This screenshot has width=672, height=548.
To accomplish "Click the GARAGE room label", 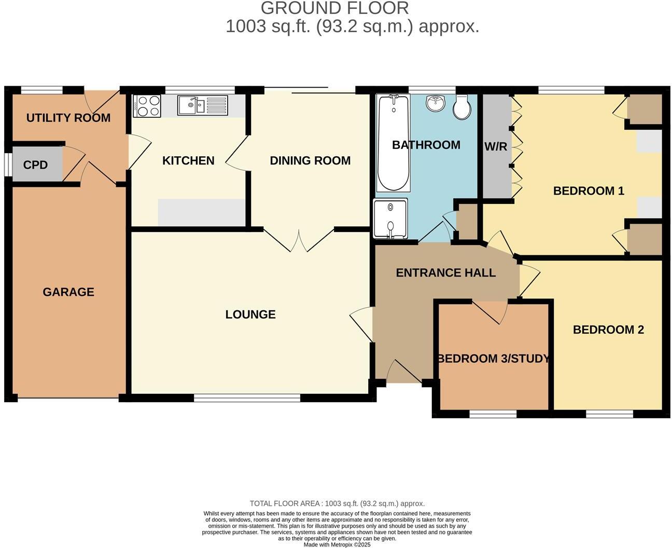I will click(x=68, y=292).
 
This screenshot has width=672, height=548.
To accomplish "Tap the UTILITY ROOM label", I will click(x=68, y=118).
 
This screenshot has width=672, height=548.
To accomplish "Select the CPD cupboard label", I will click(x=35, y=165).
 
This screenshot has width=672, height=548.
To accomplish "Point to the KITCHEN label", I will click(x=188, y=161).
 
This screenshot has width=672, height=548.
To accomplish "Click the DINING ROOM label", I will click(x=310, y=161).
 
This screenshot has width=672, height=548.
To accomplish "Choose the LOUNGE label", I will click(x=250, y=314).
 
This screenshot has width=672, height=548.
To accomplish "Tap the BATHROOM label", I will click(x=426, y=145).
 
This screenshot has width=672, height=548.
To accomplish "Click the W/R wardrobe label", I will click(x=496, y=147).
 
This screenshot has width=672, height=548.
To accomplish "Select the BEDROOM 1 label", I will click(x=589, y=191).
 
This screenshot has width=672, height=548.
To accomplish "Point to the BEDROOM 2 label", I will click(x=608, y=330).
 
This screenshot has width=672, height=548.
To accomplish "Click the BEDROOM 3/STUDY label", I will click(x=493, y=359).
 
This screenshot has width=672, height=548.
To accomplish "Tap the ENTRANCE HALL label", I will click(x=446, y=273).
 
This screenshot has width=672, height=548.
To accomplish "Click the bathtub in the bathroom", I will click(x=393, y=143).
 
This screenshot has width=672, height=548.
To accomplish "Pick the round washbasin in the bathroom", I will click(x=436, y=103).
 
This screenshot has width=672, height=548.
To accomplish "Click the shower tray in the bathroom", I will click(x=390, y=218).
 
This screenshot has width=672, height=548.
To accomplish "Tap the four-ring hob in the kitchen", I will click(x=147, y=106).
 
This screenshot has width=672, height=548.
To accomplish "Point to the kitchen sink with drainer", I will click(x=202, y=105).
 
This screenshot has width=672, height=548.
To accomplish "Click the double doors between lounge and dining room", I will click(x=299, y=240).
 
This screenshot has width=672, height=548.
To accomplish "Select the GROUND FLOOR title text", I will click(x=334, y=8).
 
